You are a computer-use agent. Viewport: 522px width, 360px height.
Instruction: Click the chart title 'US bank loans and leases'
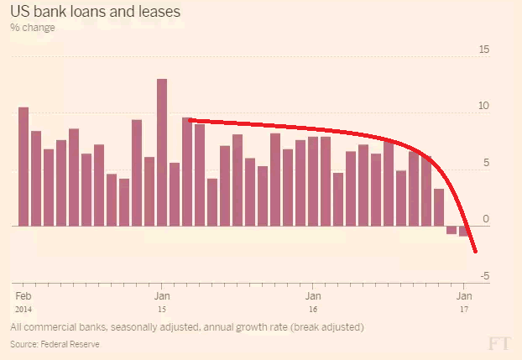coord(95,13)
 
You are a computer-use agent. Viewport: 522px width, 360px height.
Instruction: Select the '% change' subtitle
coord(33,28)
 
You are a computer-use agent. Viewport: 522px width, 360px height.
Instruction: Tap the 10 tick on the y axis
coord(483,107)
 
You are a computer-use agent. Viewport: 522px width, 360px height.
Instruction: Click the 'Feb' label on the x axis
coord(23,296)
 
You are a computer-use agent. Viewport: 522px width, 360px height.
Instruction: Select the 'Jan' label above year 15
coord(163,296)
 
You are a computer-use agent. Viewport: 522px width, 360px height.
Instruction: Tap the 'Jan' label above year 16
coord(312,296)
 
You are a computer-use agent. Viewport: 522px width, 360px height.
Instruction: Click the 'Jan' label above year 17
coord(463,296)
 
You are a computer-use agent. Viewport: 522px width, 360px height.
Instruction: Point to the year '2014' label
coord(24,309)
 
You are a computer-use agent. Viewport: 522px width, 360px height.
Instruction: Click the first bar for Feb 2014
coord(23,167)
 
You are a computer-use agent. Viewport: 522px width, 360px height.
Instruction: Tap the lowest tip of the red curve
coord(476,251)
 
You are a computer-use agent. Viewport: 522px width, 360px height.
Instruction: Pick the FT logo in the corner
coord(499,343)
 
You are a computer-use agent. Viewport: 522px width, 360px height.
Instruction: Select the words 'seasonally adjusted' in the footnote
coord(150,326)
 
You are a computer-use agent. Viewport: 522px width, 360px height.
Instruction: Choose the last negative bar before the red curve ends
coord(463,232)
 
